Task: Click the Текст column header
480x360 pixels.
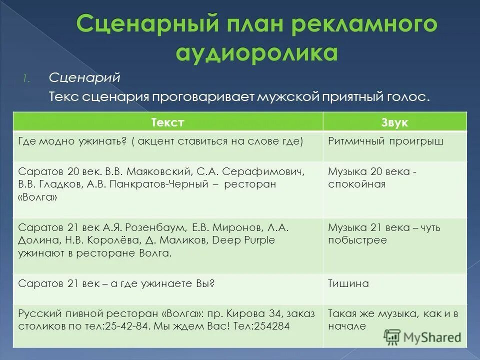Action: [x=167, y=122]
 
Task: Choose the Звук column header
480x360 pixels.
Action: [x=394, y=122]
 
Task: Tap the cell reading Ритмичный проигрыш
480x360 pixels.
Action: [x=386, y=141]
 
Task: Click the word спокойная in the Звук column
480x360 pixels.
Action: [x=356, y=184]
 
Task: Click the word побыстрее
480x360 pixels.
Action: [x=357, y=240]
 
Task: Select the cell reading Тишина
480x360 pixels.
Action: [x=348, y=283]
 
